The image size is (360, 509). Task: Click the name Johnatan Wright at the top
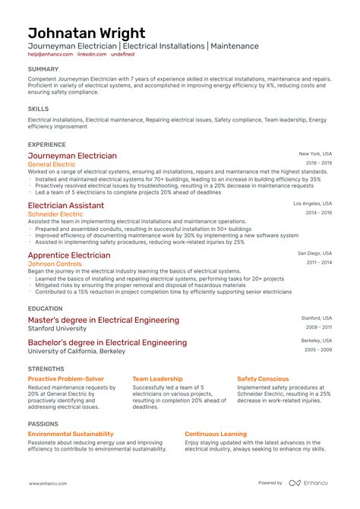pos(87,34)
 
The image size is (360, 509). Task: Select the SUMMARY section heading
pos(43,69)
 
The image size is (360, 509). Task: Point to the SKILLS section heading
pos(38,108)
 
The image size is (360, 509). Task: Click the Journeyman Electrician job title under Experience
pos(72,156)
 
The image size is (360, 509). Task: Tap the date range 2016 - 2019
pos(319,163)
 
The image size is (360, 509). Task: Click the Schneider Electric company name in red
pos(55,214)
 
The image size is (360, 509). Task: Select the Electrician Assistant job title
pos(66,205)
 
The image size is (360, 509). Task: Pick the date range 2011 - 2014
pos(319,262)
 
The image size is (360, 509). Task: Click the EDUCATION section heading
pos(46,309)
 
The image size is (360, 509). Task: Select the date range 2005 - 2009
pos(319,350)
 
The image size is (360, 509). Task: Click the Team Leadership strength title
pos(157,378)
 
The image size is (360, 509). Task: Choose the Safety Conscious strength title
pos(263,378)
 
